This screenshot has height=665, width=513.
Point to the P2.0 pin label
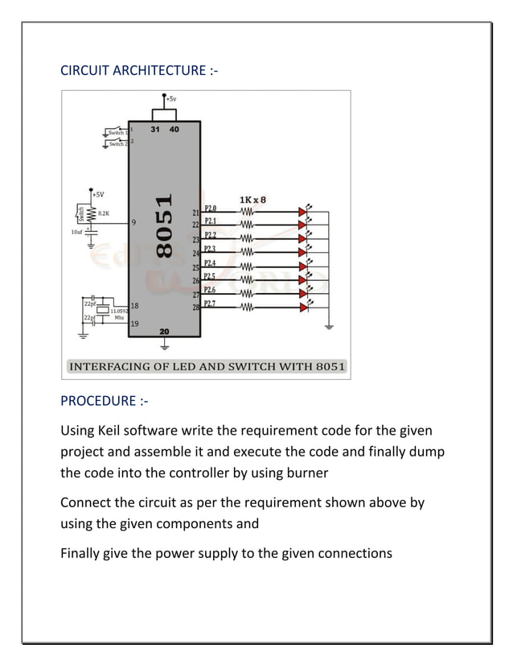[x=210, y=208]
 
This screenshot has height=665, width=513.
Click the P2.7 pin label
[x=210, y=304]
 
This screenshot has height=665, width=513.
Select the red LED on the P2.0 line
[x=303, y=213]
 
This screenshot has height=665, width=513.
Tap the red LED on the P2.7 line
[x=303, y=307]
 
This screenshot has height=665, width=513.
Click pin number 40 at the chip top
[x=174, y=129]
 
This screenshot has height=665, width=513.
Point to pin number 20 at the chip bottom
[x=164, y=332]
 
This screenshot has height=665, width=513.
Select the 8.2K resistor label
[x=104, y=213]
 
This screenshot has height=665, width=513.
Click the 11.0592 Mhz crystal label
[x=118, y=312]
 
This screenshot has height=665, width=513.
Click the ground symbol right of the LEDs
[x=329, y=327]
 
